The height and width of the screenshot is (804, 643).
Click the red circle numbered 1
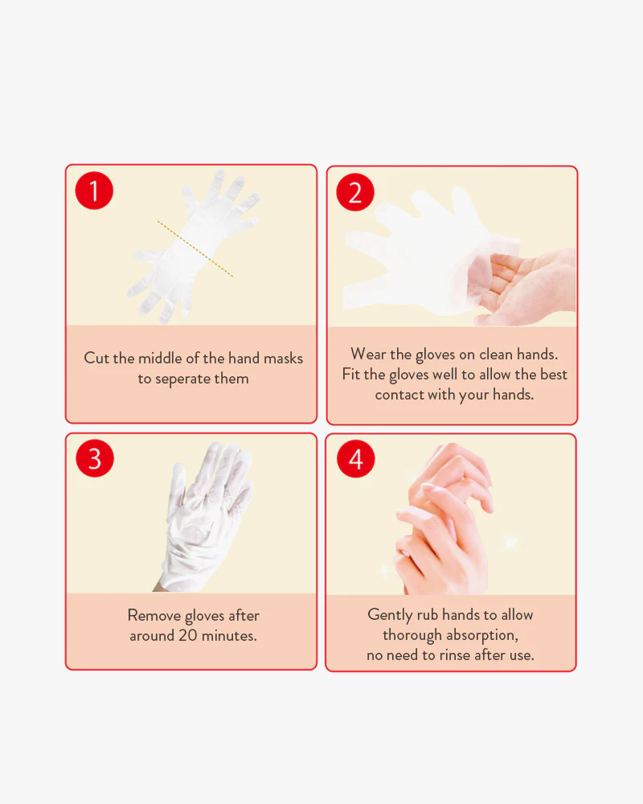(x=94, y=191)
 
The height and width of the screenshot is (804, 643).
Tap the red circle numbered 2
(x=355, y=193)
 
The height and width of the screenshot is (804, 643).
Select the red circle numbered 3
(x=95, y=458)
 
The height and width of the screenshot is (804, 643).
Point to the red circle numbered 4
(x=356, y=459)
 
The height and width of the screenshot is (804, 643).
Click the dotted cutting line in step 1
(x=195, y=249)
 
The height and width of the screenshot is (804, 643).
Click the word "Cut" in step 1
(x=96, y=358)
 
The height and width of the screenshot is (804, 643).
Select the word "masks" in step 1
(x=283, y=358)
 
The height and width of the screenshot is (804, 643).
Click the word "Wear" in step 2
(x=368, y=354)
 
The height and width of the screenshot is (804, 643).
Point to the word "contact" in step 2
(x=399, y=395)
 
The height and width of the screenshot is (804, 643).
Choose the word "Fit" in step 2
(x=350, y=375)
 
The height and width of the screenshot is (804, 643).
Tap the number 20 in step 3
(x=187, y=636)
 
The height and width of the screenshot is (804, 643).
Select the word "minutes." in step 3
(x=229, y=636)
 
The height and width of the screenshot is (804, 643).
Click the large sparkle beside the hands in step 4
(x=511, y=543)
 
